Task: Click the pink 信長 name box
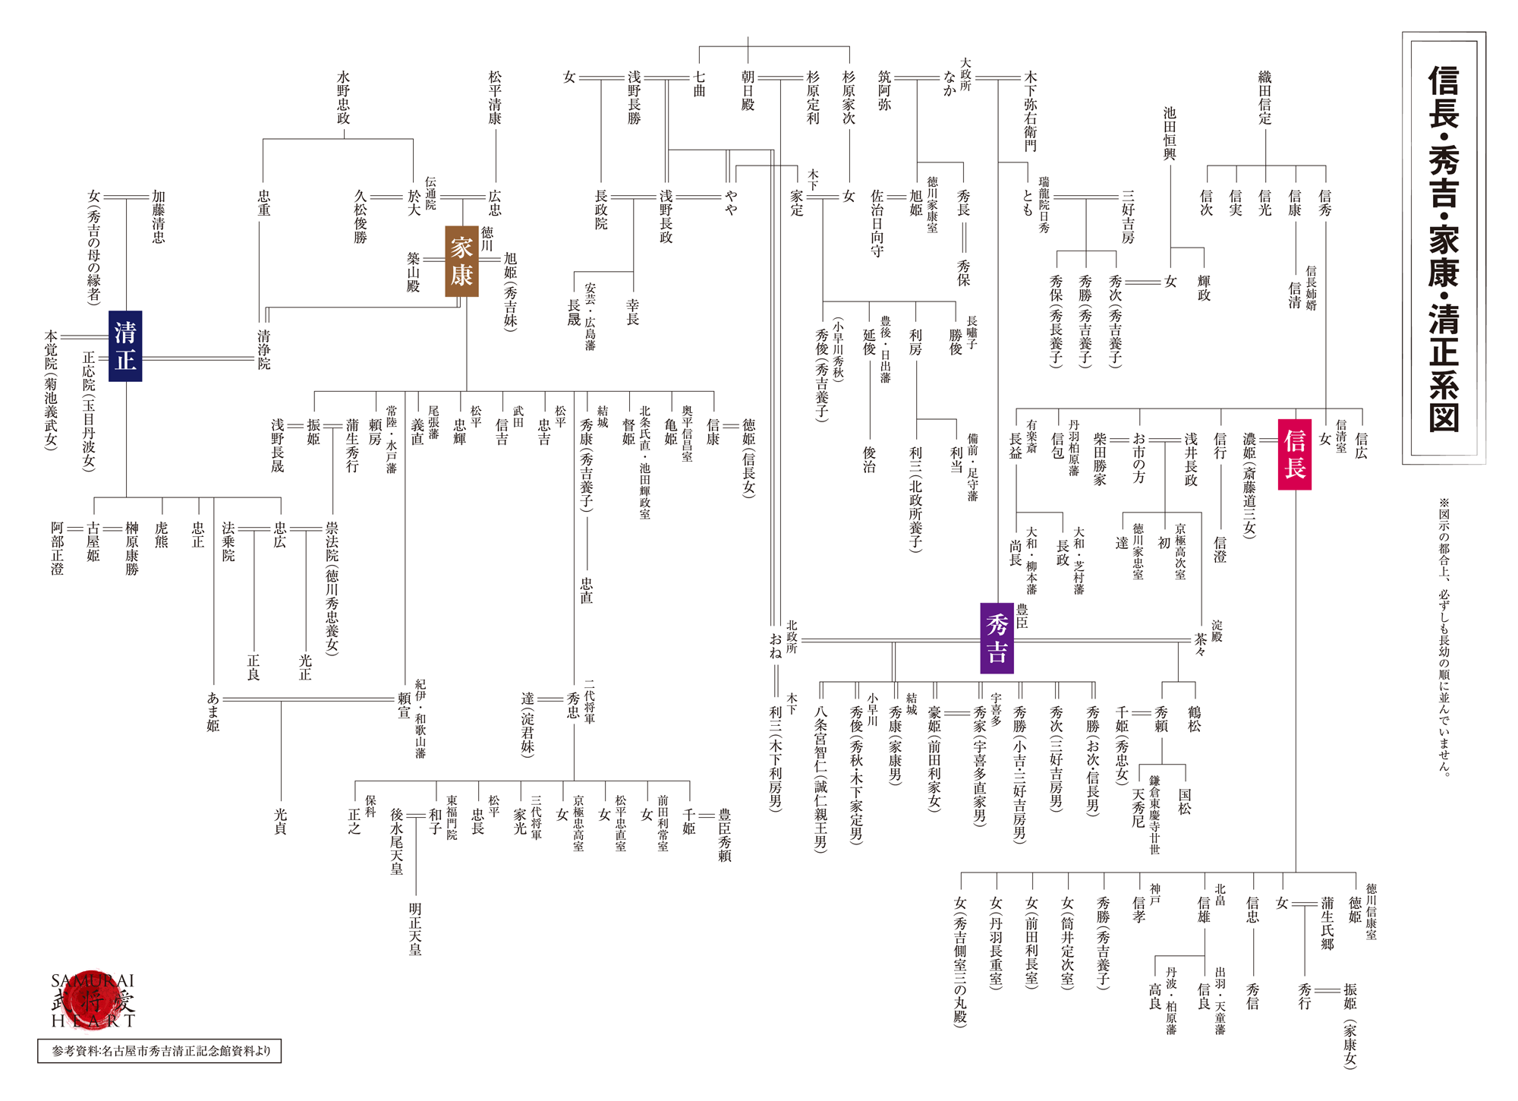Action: [x=1295, y=454]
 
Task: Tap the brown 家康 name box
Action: [x=461, y=261]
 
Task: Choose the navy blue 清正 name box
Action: [x=125, y=345]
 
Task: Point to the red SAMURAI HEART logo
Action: [x=93, y=1001]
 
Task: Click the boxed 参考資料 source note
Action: [x=159, y=1051]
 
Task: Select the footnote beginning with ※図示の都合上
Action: [x=1444, y=636]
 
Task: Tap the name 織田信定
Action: [x=1265, y=98]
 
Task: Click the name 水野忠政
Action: [x=344, y=98]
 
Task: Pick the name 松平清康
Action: [x=496, y=98]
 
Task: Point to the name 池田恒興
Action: [x=1170, y=134]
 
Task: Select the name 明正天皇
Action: [x=415, y=929]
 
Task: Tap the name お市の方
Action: [x=1138, y=458]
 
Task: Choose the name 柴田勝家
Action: [x=1100, y=459]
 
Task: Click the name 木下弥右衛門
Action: [x=1030, y=112]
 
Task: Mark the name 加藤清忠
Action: [x=158, y=217]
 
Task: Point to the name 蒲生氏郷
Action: [x=1327, y=923]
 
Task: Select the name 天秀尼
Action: [x=1138, y=808]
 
